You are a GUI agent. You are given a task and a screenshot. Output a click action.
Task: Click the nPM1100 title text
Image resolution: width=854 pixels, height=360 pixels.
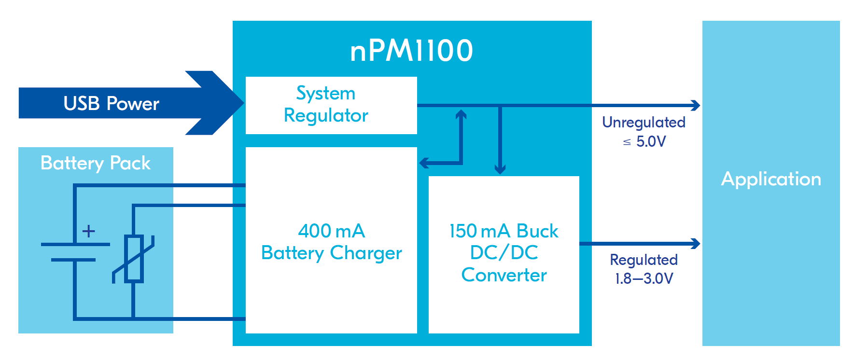click(x=411, y=51)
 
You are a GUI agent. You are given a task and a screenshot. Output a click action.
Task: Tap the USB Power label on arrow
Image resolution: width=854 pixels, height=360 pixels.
click(x=111, y=103)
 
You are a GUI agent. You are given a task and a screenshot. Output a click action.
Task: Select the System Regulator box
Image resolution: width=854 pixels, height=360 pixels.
click(x=331, y=105)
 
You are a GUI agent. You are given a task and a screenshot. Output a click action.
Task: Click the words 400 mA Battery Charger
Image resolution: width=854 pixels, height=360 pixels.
click(x=331, y=242)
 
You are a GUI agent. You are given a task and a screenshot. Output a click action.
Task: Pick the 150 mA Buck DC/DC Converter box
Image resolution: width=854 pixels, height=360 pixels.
click(x=504, y=254)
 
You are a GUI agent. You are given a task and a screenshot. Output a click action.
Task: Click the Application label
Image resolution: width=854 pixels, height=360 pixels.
click(x=770, y=179)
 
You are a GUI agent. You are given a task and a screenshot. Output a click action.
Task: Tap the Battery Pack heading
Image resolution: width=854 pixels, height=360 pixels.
click(x=96, y=163)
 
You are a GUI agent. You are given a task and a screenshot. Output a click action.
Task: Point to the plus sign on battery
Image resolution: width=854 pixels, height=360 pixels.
click(x=88, y=231)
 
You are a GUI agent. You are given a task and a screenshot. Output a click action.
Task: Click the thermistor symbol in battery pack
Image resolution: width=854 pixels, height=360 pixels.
click(x=134, y=259)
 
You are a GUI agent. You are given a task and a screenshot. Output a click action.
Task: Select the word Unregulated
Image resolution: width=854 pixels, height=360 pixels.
click(x=644, y=123)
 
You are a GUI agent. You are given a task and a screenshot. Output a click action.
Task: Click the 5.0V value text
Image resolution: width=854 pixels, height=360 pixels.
click(x=651, y=141)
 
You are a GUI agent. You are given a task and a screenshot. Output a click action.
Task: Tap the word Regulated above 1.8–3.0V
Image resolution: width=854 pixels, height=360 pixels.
click(x=644, y=260)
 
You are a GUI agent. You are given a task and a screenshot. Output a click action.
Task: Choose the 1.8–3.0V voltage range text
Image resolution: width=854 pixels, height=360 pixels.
click(x=644, y=278)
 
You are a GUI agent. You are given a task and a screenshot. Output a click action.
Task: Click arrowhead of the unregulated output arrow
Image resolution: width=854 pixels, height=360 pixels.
click(x=696, y=105)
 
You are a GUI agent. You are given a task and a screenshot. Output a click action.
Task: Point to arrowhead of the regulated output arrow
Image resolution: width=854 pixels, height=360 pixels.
click(x=696, y=244)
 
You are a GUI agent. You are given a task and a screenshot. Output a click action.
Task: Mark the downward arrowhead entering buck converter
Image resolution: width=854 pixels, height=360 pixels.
click(x=500, y=169)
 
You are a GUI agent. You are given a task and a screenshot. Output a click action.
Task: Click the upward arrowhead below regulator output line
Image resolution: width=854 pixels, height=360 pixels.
click(x=461, y=114)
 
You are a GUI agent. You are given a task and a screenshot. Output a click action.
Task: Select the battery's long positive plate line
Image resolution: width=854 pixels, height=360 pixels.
click(x=75, y=245)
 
